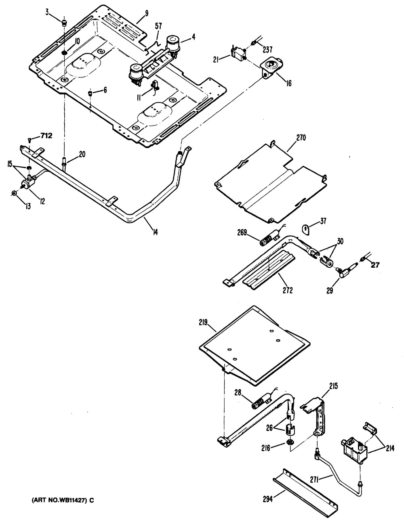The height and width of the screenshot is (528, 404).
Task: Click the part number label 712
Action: tap(46, 136)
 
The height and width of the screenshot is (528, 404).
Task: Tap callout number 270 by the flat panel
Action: tap(301, 138)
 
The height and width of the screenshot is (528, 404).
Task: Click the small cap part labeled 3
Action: tap(63, 23)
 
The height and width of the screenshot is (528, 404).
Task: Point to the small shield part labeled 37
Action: tap(306, 230)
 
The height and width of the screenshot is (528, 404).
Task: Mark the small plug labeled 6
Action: tap(90, 94)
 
